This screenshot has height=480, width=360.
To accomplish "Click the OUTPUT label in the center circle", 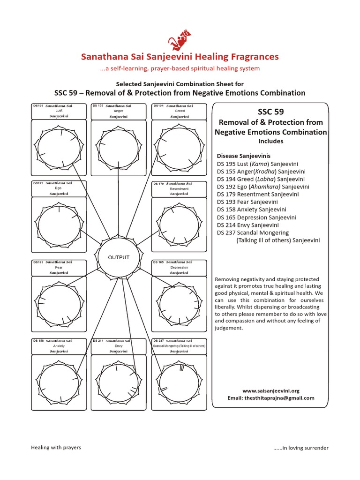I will click(x=119, y=258).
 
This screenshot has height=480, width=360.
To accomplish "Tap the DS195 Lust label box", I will click(x=59, y=111).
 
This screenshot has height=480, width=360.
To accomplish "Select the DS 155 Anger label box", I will click(x=118, y=111).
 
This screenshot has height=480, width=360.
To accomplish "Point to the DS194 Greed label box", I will click(x=180, y=111).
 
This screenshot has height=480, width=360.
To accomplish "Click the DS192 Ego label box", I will click(x=59, y=188).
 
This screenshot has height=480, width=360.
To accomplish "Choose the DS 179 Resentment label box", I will click(x=180, y=188).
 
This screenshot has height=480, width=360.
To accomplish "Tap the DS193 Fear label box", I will click(x=59, y=267).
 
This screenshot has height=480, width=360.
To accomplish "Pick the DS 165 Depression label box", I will click(x=180, y=267).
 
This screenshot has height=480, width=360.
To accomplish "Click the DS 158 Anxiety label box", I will click(x=59, y=346).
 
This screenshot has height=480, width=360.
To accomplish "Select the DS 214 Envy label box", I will click(x=118, y=346).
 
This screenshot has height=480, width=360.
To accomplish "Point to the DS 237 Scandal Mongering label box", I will click(x=180, y=346).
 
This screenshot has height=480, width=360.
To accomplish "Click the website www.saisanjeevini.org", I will click(x=270, y=390).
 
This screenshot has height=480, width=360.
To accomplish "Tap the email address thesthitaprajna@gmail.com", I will click(x=270, y=398).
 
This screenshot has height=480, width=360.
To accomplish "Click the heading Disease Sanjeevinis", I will click(x=243, y=156).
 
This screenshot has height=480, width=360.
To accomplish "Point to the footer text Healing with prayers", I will click(x=56, y=447).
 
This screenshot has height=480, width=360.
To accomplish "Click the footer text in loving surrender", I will click(x=301, y=448).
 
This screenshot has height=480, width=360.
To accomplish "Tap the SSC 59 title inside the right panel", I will click(x=270, y=112).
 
